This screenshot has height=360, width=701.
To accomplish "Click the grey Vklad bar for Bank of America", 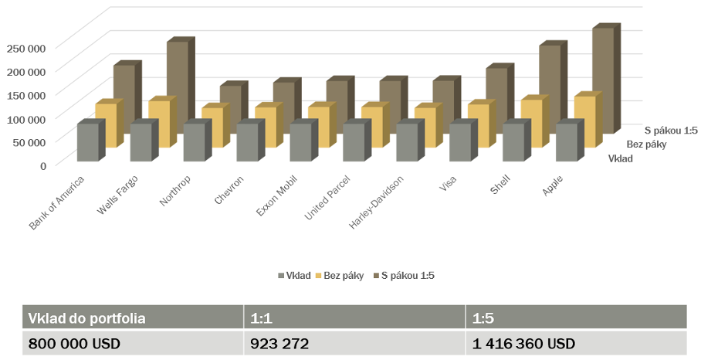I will tap(88, 142).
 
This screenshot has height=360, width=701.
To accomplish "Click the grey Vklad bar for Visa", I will tap(460, 142).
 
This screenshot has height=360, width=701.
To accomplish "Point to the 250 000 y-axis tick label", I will tap(27, 47).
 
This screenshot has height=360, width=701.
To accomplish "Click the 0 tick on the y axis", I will tap(43, 165).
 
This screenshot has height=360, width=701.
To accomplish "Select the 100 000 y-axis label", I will tap(27, 117).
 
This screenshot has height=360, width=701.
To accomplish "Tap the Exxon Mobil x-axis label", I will tap(273, 195).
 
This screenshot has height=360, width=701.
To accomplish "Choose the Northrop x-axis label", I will tap(175, 189).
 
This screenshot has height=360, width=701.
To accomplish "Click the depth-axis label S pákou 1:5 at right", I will tap(672, 130).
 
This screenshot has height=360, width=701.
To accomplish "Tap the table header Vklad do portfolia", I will tap(86, 318).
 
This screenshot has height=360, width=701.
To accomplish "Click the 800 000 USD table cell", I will tap(76, 342).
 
